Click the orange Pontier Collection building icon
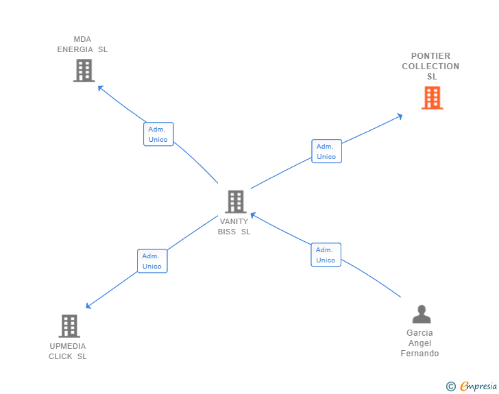pos(432,98)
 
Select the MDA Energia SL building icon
pos(84,71)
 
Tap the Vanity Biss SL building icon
pos(236,201)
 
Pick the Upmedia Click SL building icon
pos(69,326)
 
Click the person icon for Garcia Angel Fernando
pos(422,314)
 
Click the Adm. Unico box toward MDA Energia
pos(158,134)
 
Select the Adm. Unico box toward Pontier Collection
pos(326,151)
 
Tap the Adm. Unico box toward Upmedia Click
pos(152,261)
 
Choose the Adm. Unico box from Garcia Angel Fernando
pos(326,255)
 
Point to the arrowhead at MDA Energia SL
pos(99,87)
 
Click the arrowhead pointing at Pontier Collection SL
pos(400,116)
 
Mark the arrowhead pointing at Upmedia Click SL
pos(88,306)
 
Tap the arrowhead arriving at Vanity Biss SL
pos(253,215)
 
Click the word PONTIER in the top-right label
pos(431,56)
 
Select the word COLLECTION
pos(430,66)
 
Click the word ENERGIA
pos(75,49)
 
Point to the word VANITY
pos(234,221)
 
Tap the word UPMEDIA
pos(68,346)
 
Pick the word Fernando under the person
pos(419,354)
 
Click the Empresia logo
pos(472,386)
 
